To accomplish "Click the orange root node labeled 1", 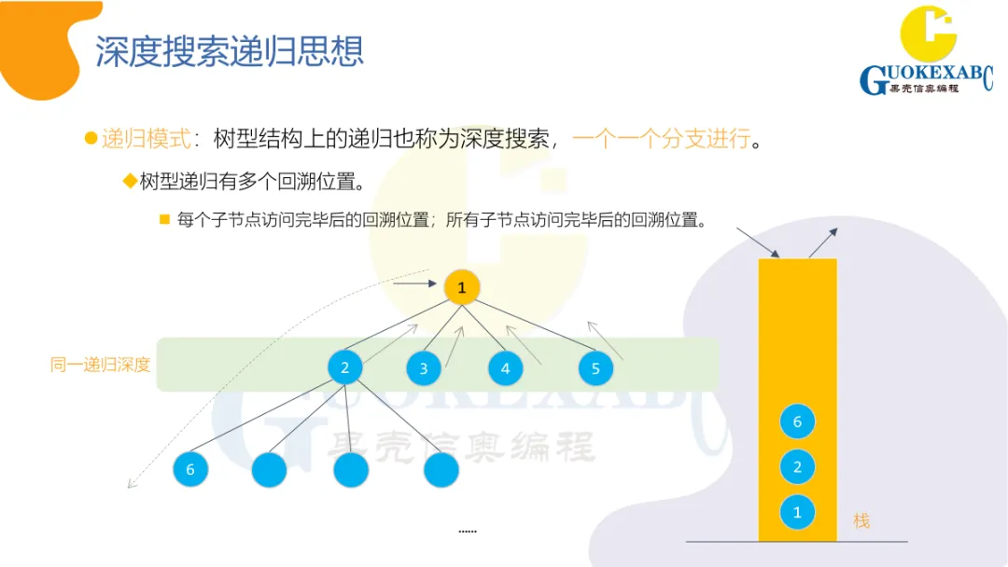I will pos(461,288).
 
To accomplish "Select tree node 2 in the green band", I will pos(344,367).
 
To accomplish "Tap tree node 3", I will pos(423,368).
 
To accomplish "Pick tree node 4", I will pos(505,368).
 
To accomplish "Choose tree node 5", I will pos(595,368).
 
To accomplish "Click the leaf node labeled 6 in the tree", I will pos(190,469).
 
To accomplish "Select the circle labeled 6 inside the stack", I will pos(797,422).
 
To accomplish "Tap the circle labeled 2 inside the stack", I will pos(797,467).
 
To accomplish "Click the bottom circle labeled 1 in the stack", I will pos(797,512).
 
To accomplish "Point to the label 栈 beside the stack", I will pos(861,521).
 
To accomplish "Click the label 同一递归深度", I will pos(100,365).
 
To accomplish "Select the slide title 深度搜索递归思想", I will pos(230,51).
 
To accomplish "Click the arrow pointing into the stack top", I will pos(757,242).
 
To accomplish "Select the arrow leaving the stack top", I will pos(823,242).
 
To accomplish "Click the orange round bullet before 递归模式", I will pos(91,139).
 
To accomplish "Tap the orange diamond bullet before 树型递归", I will pos(130,180).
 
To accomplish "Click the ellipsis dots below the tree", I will pos(468,531).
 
